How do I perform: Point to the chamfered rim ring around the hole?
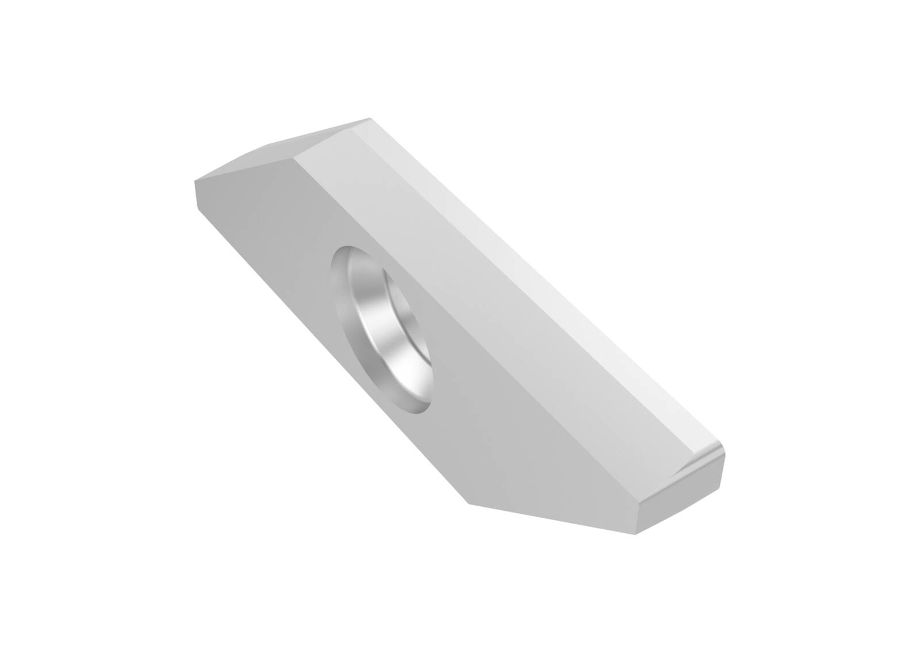click(339, 288)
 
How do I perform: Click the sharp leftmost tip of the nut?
click(195, 182)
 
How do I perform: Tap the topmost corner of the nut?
click(369, 119)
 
